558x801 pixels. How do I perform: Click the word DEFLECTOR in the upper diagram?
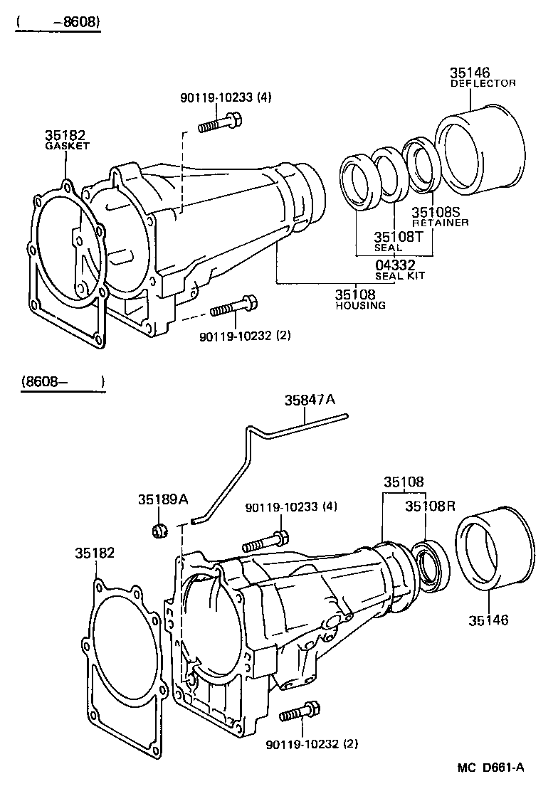[483, 83]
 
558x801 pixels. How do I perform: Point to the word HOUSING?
[360, 305]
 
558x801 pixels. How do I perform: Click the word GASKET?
[67, 146]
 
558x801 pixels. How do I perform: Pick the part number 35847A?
[309, 400]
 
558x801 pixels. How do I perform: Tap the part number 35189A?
[163, 500]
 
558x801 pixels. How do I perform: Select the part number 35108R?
[430, 506]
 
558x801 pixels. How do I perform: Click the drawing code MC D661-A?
[490, 767]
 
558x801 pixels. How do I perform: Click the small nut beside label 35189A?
[160, 530]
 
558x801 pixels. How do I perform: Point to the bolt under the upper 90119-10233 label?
[219, 125]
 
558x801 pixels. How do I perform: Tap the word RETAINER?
[440, 223]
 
